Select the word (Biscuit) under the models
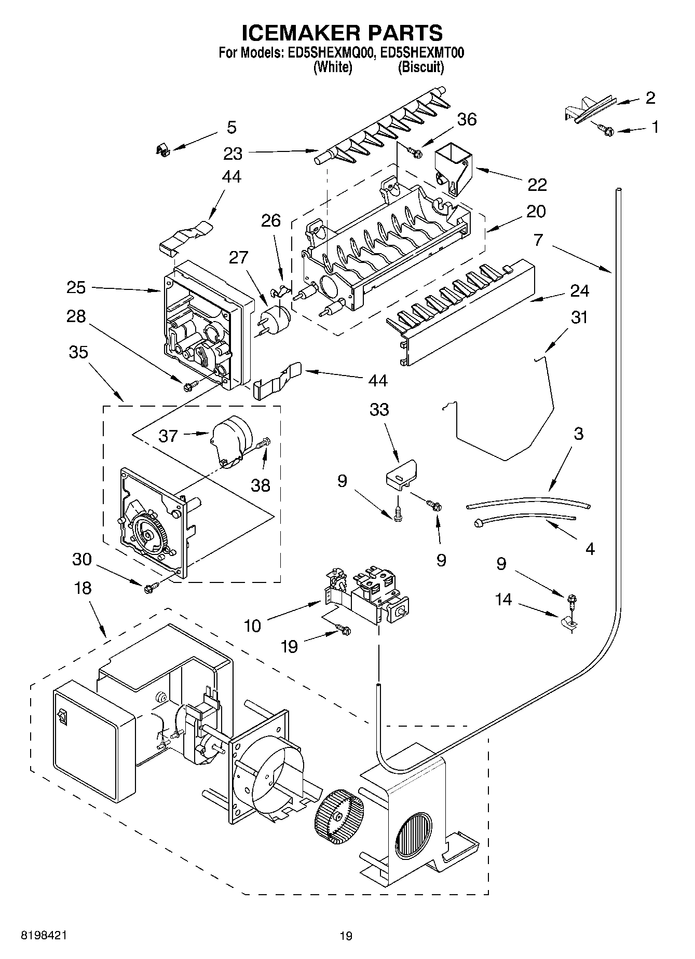coord(420,67)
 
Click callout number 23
coord(233,154)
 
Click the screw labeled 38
coord(264,442)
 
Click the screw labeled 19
coord(344,629)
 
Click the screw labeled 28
coord(190,385)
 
